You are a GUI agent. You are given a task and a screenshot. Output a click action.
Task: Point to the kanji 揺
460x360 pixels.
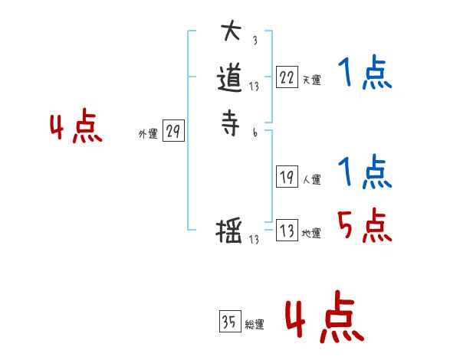pos(231,231)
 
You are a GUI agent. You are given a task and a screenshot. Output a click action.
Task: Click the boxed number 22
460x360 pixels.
pos(287,77)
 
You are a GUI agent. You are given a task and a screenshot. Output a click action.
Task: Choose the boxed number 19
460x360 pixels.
pos(287,177)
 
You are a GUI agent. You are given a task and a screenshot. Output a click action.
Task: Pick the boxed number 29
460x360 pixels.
pos(173,132)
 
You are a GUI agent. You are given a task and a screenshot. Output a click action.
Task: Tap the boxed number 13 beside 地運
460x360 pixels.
pos(287,231)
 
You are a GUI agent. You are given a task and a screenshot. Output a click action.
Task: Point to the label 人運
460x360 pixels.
pos(311,181)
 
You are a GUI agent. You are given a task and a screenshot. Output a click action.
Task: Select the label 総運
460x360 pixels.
pos(255,326)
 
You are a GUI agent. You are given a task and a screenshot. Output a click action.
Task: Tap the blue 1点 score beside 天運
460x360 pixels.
pos(365,74)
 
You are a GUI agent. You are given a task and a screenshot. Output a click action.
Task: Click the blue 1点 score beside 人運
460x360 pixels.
pos(365,172)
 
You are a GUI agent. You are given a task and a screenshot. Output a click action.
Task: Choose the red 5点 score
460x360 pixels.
pos(365,226)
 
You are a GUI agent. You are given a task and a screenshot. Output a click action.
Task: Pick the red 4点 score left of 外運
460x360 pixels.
pos(75,128)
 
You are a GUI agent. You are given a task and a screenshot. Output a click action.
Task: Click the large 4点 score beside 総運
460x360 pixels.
pos(324,320)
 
